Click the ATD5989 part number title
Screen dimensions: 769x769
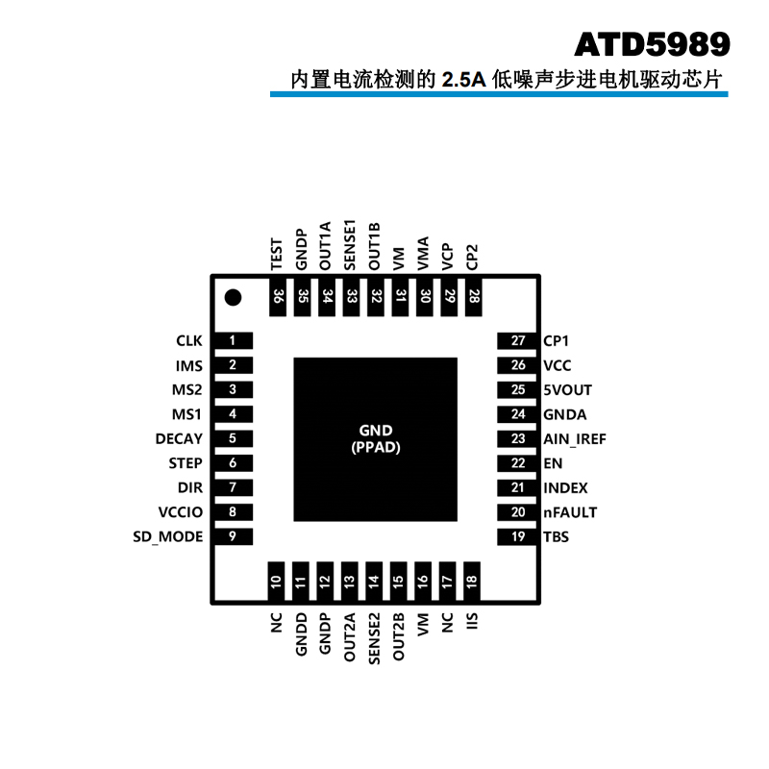tap(652, 44)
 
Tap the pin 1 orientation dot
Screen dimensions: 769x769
tap(232, 297)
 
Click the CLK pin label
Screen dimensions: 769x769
tap(189, 340)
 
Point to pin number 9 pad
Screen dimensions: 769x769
tap(233, 536)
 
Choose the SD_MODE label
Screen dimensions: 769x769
tap(168, 536)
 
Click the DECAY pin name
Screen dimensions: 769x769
tap(179, 438)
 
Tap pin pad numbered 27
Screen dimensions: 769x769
tap(518, 340)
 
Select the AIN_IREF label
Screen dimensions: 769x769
tap(575, 438)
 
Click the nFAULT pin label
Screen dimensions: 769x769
tap(570, 512)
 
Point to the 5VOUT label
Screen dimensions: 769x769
tap(567, 390)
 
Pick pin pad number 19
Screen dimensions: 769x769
tap(518, 536)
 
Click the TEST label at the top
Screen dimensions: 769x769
tap(277, 253)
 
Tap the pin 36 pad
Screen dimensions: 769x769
tap(277, 297)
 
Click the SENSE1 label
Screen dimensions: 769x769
tap(351, 244)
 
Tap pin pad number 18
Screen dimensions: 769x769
tap(472, 582)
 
